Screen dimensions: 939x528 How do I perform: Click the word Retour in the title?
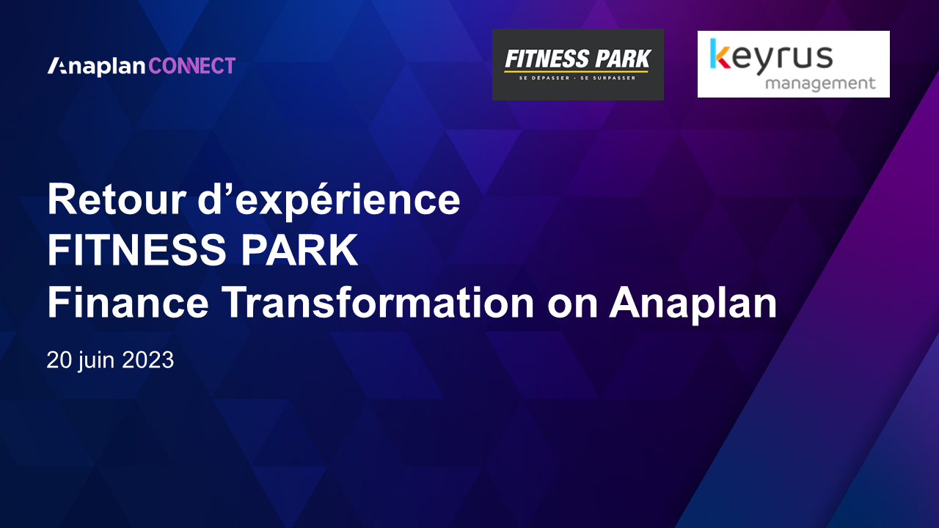(117, 199)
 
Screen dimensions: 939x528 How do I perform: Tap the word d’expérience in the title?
(329, 201)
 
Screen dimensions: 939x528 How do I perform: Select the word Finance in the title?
(128, 302)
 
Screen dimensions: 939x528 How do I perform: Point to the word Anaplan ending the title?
(693, 305)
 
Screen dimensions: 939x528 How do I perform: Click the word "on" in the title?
(572, 307)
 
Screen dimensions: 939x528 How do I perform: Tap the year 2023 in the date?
(148, 359)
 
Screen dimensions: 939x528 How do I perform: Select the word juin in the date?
(97, 361)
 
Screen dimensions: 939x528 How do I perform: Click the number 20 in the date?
(59, 359)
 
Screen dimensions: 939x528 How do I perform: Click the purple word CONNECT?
(192, 66)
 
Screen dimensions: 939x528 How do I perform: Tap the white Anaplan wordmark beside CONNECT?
(96, 67)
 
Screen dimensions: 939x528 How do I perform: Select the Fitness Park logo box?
(577, 65)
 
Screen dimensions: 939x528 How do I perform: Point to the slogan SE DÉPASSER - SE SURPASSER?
(577, 78)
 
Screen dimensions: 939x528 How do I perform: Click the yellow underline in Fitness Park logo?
(576, 72)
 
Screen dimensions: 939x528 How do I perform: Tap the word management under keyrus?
(820, 84)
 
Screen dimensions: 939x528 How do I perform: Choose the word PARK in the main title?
(299, 251)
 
